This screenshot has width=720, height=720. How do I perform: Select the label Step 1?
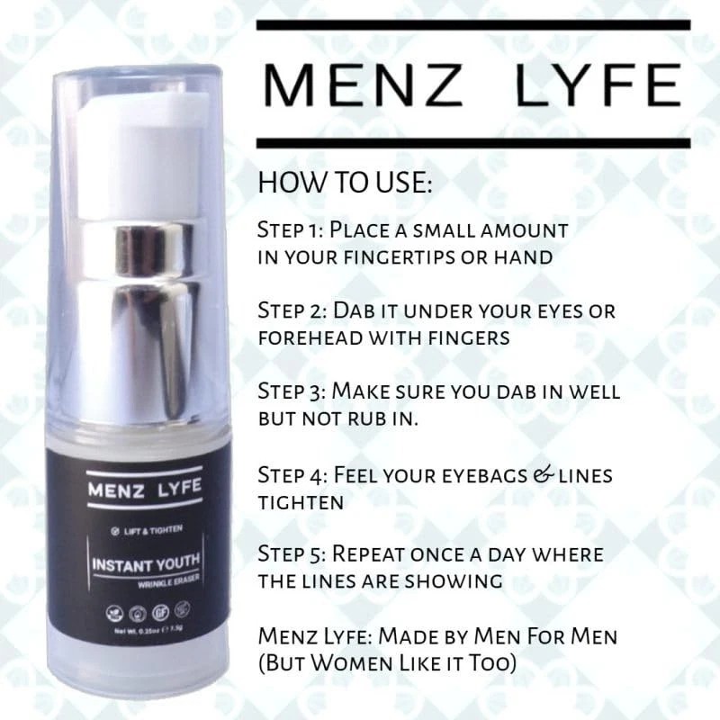tap(292, 229)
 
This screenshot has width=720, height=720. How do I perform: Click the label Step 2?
tap(292, 310)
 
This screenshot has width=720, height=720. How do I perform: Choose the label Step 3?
tap(292, 391)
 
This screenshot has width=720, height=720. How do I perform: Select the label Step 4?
tap(292, 473)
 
